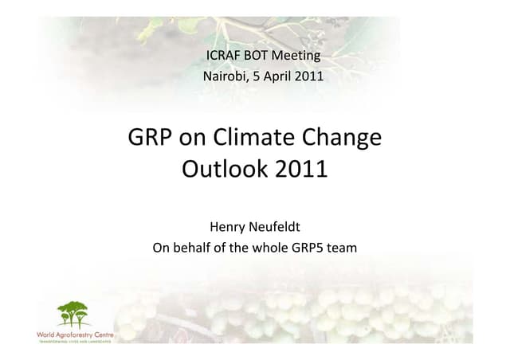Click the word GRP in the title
pos(149,138)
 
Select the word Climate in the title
pos(257,138)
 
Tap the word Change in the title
pos(343,138)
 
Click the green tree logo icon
pos(75,315)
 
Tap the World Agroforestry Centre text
pos(76,335)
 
